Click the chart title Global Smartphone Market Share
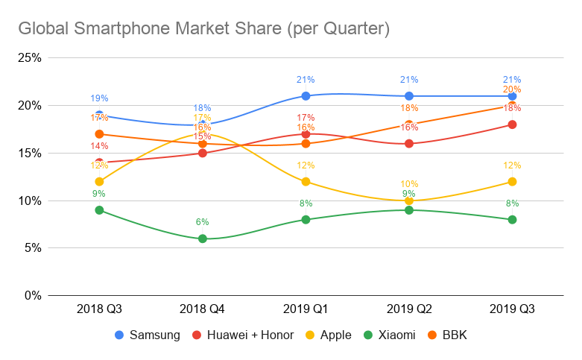point(203,29)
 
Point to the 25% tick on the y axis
point(29,57)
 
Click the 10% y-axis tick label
point(29,200)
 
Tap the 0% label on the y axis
point(32,296)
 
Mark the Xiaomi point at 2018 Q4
point(203,239)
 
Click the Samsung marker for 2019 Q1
point(306,95)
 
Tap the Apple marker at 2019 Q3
point(512,181)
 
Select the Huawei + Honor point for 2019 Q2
point(409,143)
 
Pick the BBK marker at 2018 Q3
point(99,134)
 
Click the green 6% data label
point(203,222)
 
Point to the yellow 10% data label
point(409,184)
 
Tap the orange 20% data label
point(512,89)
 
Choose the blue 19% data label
point(99,98)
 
